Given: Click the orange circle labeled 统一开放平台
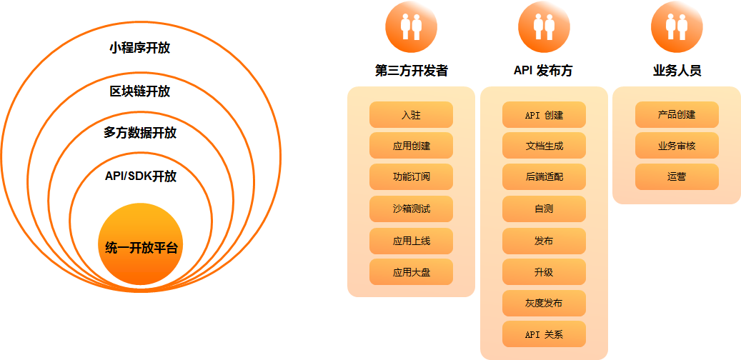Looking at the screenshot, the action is pyautogui.click(x=140, y=246).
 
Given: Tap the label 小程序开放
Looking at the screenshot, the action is pyautogui.click(x=140, y=49).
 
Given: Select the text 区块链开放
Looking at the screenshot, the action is pyautogui.click(x=140, y=91).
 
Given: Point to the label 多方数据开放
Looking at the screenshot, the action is pyautogui.click(x=140, y=133).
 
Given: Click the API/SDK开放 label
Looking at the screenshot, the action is pyautogui.click(x=140, y=176).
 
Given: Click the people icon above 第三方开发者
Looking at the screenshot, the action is pyautogui.click(x=411, y=26).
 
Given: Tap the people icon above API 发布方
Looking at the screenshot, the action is pyautogui.click(x=544, y=26).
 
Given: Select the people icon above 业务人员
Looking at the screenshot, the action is pyautogui.click(x=677, y=26).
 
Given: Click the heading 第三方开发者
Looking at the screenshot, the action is pyautogui.click(x=411, y=71).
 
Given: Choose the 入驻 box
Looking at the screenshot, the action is pyautogui.click(x=411, y=114).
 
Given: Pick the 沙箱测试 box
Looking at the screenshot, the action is pyautogui.click(x=411, y=209).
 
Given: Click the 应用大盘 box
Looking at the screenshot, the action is pyautogui.click(x=411, y=272).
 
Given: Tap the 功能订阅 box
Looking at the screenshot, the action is pyautogui.click(x=411, y=177).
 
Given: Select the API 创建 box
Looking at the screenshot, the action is pyautogui.click(x=544, y=114).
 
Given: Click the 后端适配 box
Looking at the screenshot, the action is pyautogui.click(x=544, y=177).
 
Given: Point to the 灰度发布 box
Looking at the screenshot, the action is pyautogui.click(x=544, y=303).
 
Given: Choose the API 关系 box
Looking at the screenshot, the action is pyautogui.click(x=544, y=334).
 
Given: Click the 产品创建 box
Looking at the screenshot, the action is pyautogui.click(x=677, y=114).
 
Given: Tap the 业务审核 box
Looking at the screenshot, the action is pyautogui.click(x=677, y=146).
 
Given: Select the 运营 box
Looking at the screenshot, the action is pyautogui.click(x=677, y=177).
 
